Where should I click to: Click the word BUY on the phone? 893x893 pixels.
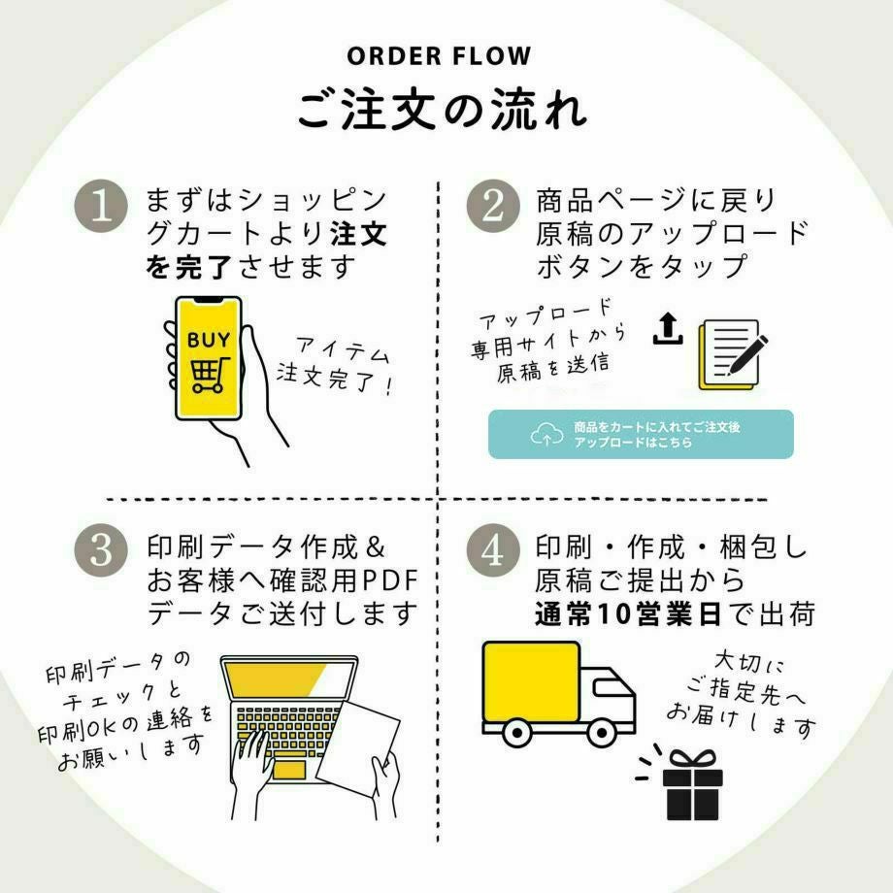pyautogui.click(x=209, y=340)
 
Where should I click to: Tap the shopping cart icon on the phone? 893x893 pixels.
pyautogui.click(x=208, y=374)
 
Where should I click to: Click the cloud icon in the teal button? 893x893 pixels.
pyautogui.click(x=546, y=435)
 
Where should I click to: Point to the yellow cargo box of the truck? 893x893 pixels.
pyautogui.click(x=533, y=684)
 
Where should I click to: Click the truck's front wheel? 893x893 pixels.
pyautogui.click(x=603, y=733)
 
